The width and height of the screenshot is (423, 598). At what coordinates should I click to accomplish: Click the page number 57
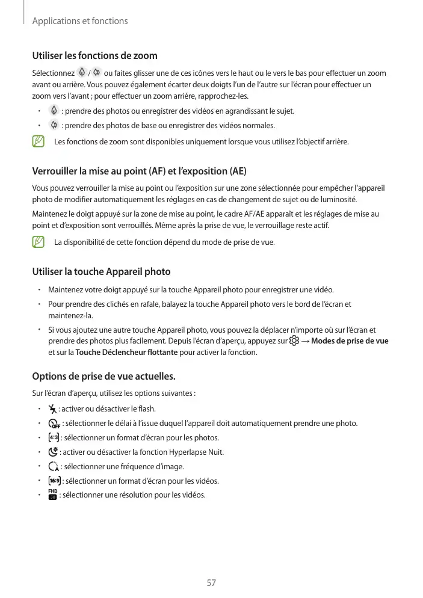pos(211,582)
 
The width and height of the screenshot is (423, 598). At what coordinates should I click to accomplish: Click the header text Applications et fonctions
pos(80,21)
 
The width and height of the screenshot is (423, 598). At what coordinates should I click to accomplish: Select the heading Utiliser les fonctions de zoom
pos(94,56)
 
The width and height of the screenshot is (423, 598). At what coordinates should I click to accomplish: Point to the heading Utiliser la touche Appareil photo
pos(101,271)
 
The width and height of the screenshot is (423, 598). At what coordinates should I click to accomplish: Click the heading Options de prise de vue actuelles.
pos(103,377)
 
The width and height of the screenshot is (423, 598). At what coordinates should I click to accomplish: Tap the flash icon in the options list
pos(52,409)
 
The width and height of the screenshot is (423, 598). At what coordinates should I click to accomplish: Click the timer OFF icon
pos(54,424)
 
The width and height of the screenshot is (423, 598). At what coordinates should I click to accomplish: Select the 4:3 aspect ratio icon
pos(53,437)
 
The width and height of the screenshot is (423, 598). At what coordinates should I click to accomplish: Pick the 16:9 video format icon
pos(54,481)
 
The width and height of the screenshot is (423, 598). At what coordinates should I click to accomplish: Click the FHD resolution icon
pos(52,495)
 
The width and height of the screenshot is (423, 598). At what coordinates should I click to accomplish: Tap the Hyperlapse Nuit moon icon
pos(53,452)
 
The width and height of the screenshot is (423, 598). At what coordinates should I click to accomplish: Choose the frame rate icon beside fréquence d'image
pos(53,466)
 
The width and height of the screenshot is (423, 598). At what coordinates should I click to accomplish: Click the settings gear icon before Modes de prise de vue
pos(294,341)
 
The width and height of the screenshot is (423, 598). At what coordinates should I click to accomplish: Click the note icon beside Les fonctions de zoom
pos(39,142)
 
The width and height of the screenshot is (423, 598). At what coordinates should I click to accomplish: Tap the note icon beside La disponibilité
pos(39,242)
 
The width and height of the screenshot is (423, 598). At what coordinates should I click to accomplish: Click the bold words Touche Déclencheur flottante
pos(127,353)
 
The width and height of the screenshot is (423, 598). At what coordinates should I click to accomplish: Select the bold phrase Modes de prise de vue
pos(350,341)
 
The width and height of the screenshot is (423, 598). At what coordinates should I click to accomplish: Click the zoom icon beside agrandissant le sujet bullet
pos(54,111)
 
